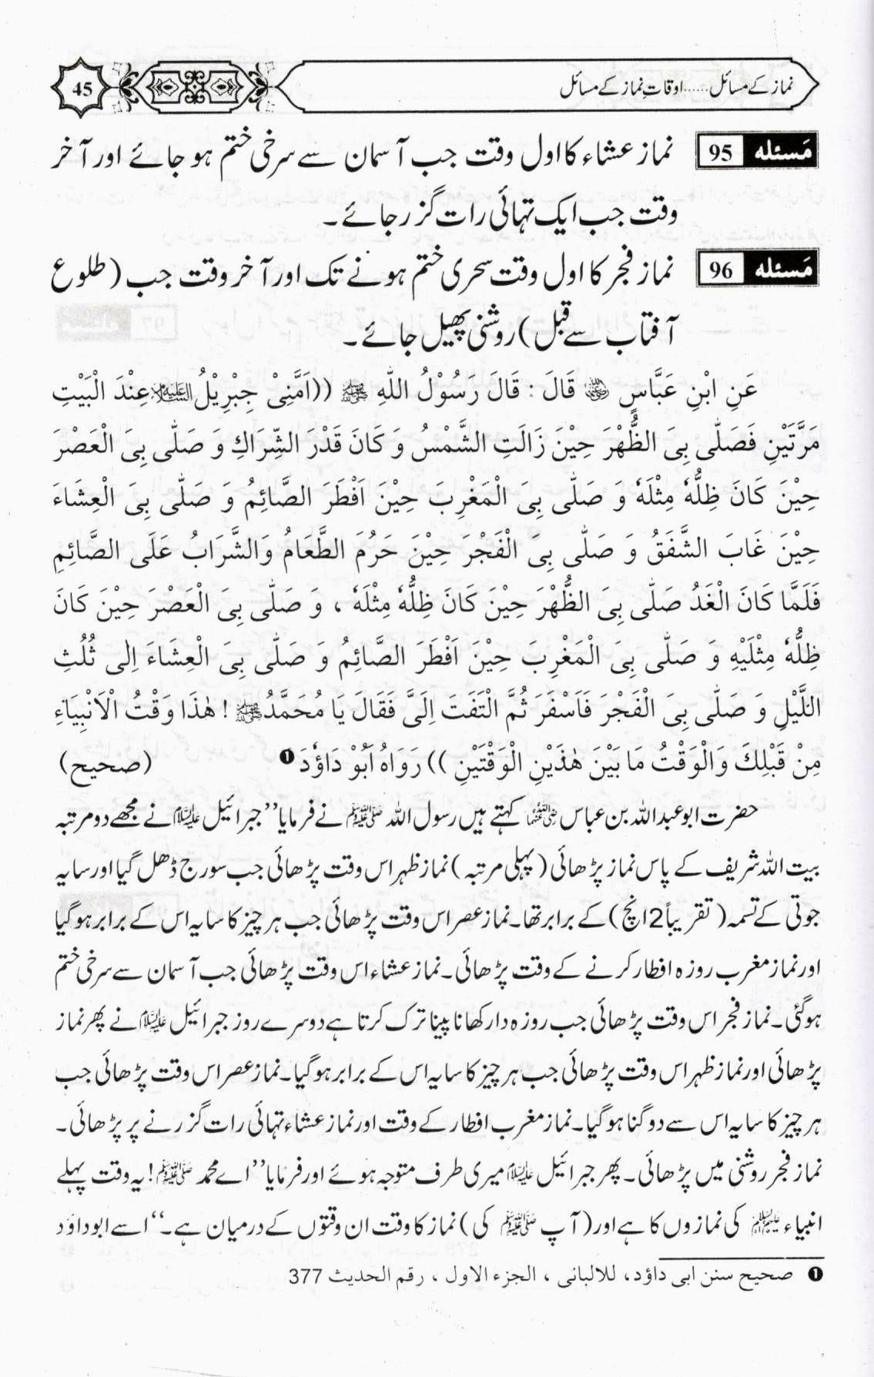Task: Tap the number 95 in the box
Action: click(x=721, y=153)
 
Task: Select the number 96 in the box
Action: click(x=721, y=270)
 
